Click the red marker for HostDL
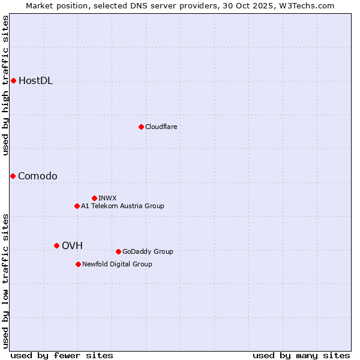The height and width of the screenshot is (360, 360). point(13,80)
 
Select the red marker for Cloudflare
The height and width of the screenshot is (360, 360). point(141,127)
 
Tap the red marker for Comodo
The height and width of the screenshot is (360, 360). point(13,176)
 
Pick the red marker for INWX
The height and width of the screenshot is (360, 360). point(94,198)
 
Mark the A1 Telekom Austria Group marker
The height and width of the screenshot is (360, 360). point(77,206)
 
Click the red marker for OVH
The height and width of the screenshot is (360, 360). point(56,245)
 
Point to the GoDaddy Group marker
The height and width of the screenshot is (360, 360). point(118,251)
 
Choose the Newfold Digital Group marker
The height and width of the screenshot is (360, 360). point(78,264)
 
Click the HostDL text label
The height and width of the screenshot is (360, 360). point(35,81)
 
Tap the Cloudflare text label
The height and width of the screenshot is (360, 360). point(161,127)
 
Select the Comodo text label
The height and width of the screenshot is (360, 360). point(38,176)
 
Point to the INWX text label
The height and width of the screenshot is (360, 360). point(107,198)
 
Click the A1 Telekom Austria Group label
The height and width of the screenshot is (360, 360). point(122,206)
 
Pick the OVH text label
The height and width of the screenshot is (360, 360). point(72,245)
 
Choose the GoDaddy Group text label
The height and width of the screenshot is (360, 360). point(148,251)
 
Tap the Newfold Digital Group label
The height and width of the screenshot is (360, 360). point(117,264)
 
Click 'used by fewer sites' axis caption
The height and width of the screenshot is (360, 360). point(62,355)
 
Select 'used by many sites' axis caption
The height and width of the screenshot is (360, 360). point(301,355)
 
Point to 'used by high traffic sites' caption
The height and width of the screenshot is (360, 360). point(5,85)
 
